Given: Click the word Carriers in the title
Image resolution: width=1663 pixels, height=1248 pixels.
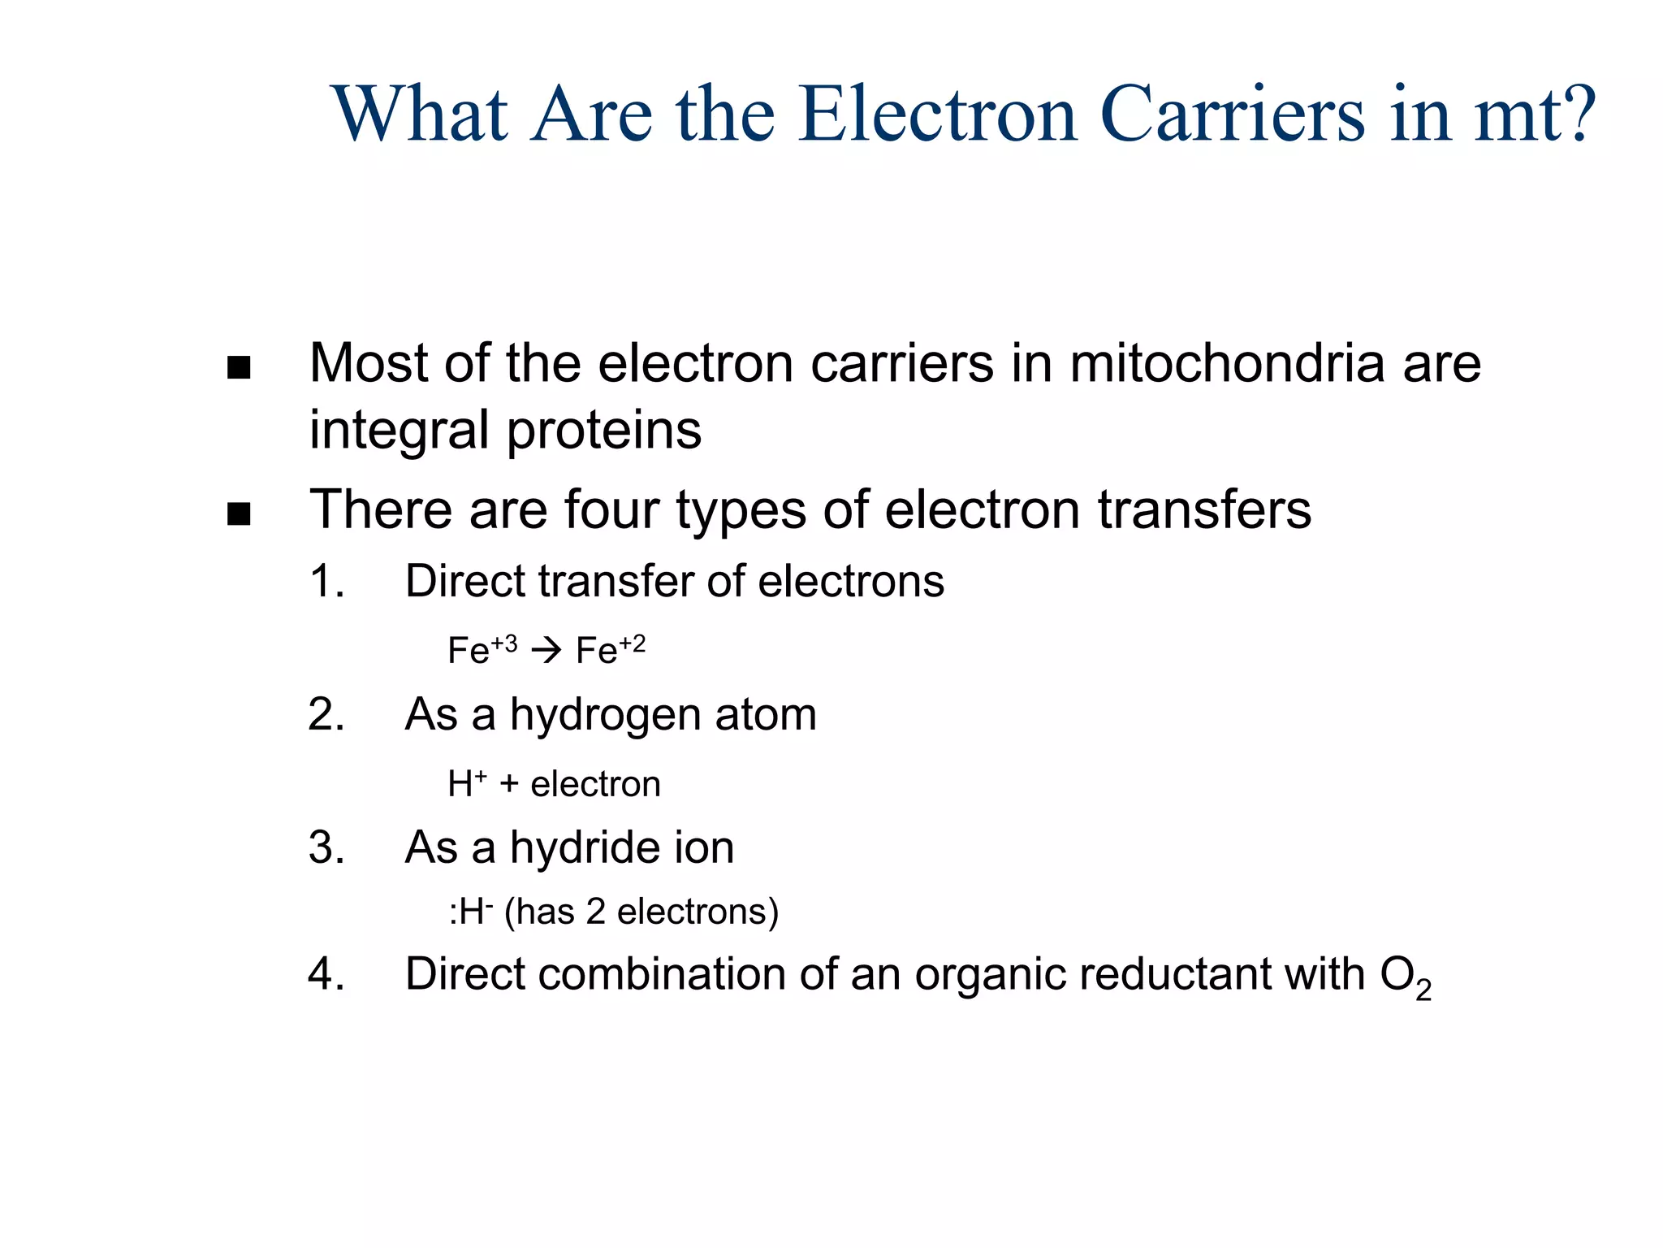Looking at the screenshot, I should pos(1232,115).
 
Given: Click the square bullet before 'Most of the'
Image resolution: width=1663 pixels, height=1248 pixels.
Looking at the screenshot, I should pos(239,368).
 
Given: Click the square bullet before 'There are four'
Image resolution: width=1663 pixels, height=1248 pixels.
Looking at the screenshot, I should pos(239,514).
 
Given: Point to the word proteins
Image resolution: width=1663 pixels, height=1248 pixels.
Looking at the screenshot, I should pos(604,431).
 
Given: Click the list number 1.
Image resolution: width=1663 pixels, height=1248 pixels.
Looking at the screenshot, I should pos(326,582).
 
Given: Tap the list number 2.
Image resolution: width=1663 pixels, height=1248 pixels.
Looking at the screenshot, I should pos(326,715).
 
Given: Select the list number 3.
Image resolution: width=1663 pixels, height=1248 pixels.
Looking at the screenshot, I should pos(326,848).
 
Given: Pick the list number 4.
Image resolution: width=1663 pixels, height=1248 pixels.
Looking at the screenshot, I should pos(326,974).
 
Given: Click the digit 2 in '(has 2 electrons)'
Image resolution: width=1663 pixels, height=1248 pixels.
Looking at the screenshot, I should pos(595,912).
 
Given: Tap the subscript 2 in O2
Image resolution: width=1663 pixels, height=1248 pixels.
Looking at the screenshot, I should pos(1423,990).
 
